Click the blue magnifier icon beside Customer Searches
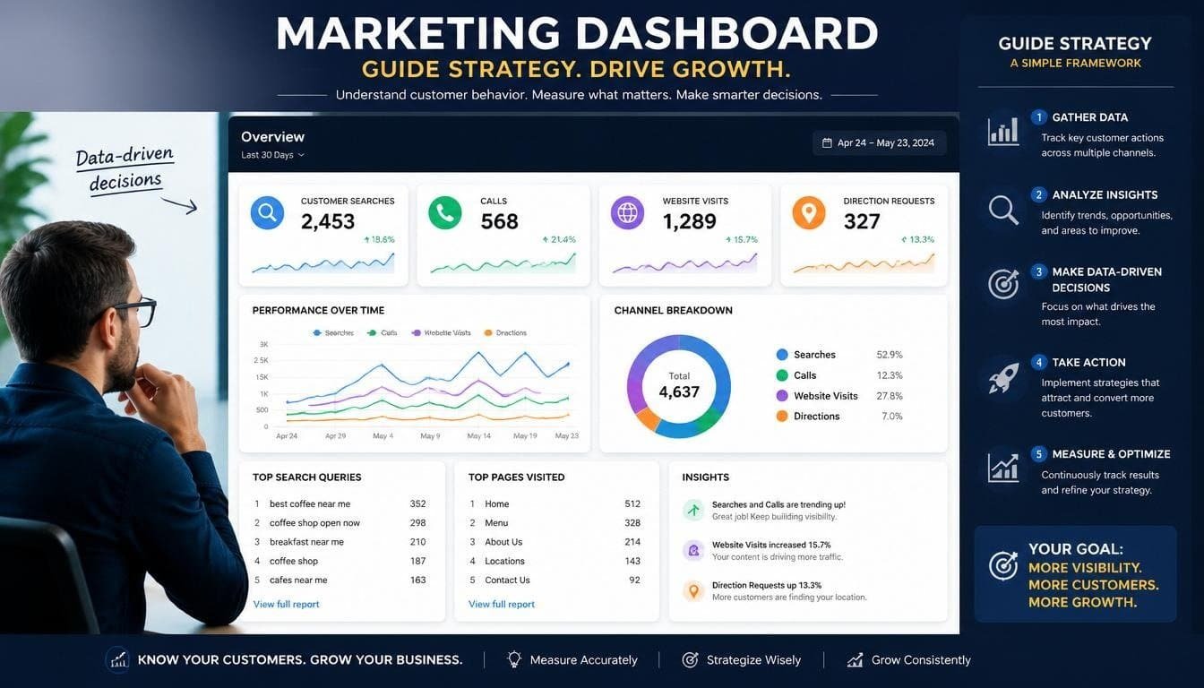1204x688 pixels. click(267, 213)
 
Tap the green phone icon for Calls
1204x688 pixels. click(445, 213)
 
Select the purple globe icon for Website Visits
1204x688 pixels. click(627, 213)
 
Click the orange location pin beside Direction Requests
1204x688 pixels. click(809, 213)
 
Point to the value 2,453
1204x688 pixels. click(328, 221)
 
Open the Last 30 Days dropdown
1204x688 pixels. click(272, 155)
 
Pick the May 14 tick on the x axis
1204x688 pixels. click(479, 436)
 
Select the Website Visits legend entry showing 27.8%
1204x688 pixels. click(839, 396)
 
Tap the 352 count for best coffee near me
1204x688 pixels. click(417, 503)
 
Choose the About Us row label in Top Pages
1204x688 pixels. click(503, 542)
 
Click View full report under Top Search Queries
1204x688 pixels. click(286, 604)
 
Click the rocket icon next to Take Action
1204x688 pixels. click(1003, 378)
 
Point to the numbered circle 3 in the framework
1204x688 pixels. click(1038, 272)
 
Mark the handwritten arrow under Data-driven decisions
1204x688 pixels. click(179, 205)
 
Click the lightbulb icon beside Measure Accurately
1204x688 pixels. click(514, 659)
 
